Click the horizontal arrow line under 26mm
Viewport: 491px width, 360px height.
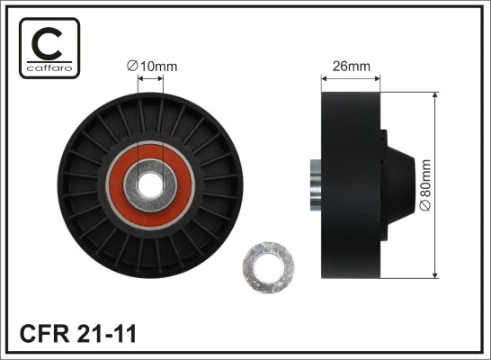coord(351,78)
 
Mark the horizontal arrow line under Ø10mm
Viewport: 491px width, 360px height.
coord(150,78)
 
